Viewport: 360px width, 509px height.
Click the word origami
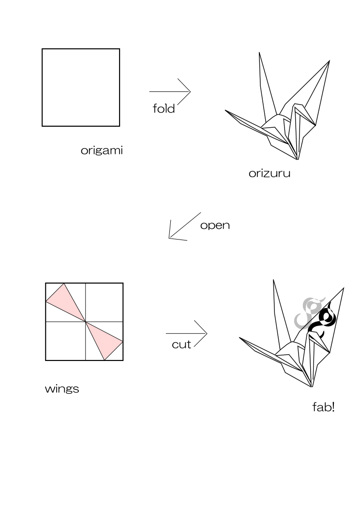click(x=102, y=150)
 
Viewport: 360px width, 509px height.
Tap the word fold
click(x=164, y=108)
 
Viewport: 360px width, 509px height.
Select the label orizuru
click(x=270, y=173)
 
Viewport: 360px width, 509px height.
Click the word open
click(x=215, y=225)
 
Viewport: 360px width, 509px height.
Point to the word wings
click(x=62, y=389)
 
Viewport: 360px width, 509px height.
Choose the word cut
click(x=181, y=344)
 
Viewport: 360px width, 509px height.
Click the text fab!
click(x=323, y=407)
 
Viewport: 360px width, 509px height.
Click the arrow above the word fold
click(x=170, y=91)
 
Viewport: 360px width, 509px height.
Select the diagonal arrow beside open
click(x=185, y=225)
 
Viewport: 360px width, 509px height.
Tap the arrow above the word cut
click(x=186, y=333)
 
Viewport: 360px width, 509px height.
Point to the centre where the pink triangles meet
click(x=85, y=322)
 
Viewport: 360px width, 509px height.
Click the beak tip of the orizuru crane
click(x=225, y=110)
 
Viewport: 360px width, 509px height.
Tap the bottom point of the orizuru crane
click(x=298, y=160)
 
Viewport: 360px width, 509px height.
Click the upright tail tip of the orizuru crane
click(x=259, y=52)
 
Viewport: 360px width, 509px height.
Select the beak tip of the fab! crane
click(x=240, y=338)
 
